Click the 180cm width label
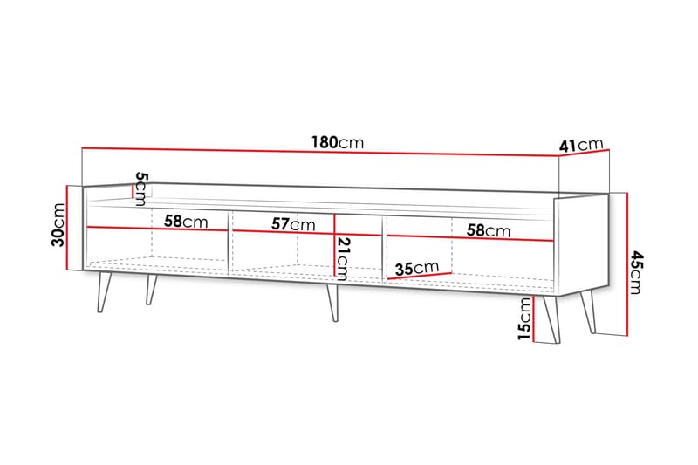point(337,142)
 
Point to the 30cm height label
point(58,225)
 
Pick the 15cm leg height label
point(523,319)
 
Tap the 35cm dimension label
point(414,268)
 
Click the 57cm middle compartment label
point(292,224)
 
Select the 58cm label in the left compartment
point(186,222)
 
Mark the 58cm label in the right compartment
point(487,231)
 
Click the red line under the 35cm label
point(419,277)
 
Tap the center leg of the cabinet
point(331,302)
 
